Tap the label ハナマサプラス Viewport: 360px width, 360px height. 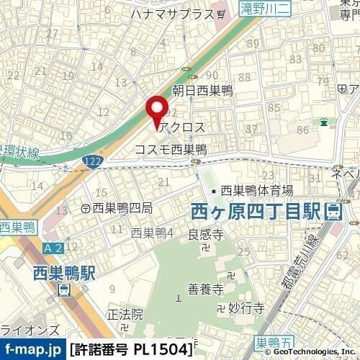[173, 14]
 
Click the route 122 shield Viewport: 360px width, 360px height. [93, 165]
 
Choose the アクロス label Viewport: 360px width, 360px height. [184, 127]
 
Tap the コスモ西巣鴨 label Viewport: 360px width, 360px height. [171, 149]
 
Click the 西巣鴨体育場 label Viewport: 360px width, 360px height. [256, 191]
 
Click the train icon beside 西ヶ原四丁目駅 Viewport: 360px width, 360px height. [333, 212]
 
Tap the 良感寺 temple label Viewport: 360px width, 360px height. [204, 234]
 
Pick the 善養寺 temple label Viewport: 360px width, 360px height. [203, 289]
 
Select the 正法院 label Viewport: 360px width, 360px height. [126, 315]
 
